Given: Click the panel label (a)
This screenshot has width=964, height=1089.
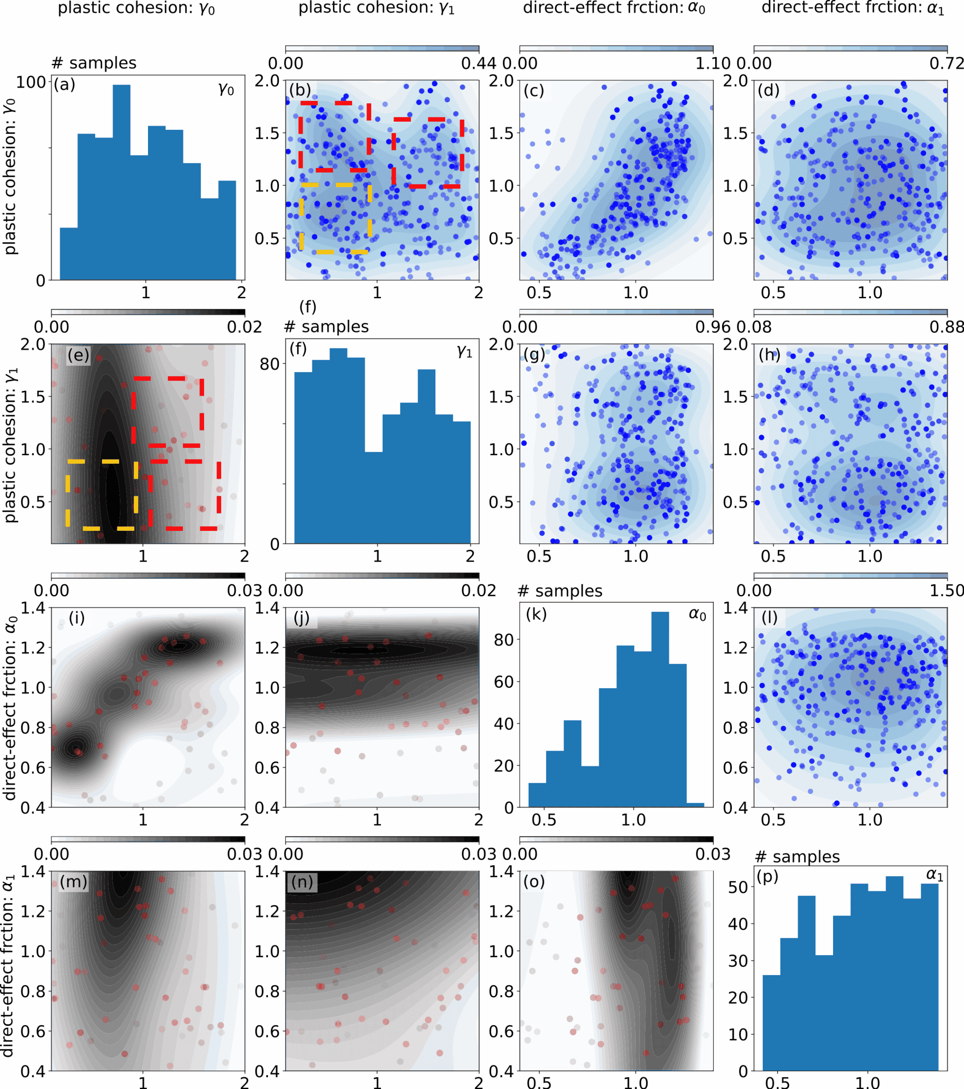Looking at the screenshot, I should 65,85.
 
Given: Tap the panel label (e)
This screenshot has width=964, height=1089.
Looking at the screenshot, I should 78,355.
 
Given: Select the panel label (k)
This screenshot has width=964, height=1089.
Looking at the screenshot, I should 536,614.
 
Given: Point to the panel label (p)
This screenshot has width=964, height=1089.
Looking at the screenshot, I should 768,877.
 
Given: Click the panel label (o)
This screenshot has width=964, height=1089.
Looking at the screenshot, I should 534,882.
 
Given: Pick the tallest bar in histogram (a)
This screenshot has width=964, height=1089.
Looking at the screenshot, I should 122,181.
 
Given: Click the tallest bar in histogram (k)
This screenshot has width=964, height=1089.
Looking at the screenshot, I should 660,709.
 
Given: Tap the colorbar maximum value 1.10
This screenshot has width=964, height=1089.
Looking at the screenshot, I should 713,63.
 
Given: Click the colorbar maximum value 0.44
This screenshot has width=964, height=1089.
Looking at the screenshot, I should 478,63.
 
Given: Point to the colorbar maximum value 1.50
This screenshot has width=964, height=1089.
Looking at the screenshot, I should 947,590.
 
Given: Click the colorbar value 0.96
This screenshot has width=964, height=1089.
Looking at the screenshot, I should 713,327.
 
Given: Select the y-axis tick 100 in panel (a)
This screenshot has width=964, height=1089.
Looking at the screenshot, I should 31,82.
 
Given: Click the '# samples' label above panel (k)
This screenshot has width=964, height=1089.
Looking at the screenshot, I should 560,591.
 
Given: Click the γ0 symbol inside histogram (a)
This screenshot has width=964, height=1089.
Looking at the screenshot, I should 226,89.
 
